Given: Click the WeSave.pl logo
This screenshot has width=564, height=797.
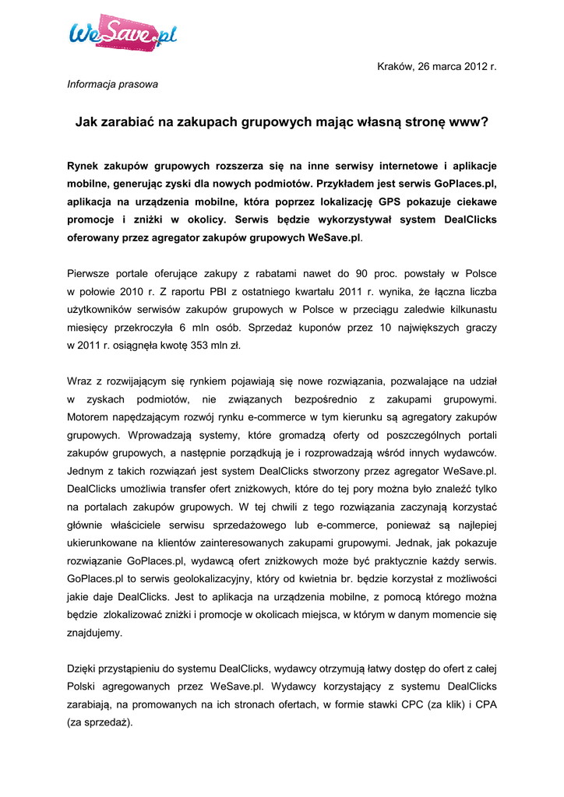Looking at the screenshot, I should (x=123, y=33).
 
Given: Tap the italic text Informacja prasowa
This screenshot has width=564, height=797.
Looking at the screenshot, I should (x=112, y=83).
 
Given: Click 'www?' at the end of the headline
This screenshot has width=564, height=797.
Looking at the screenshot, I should (x=471, y=122).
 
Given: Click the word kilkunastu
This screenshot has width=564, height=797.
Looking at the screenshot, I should (x=468, y=309).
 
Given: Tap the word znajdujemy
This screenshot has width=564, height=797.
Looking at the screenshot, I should (x=94, y=633).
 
